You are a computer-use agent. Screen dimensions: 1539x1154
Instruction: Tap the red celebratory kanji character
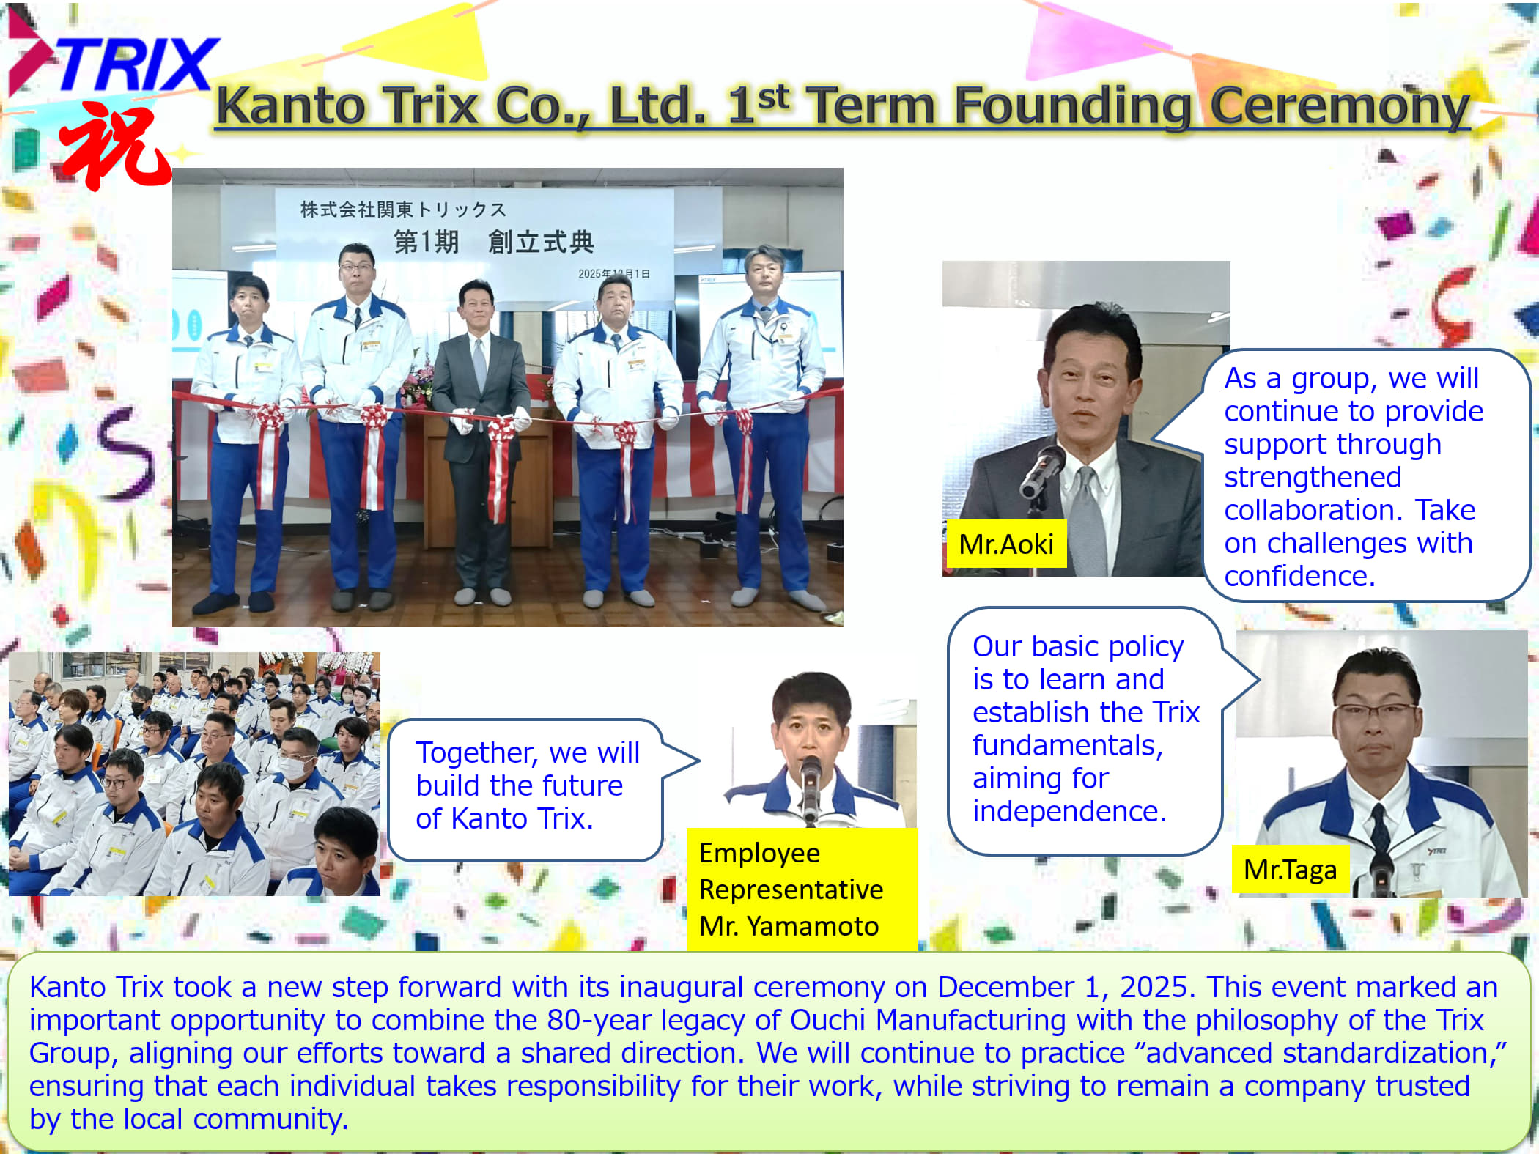[x=116, y=147]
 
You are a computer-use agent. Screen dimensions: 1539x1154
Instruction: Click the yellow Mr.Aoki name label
[x=1005, y=544]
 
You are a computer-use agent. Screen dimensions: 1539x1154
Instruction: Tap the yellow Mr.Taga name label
[x=1290, y=870]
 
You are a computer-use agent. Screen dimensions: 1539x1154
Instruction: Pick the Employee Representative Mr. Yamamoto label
[x=802, y=889]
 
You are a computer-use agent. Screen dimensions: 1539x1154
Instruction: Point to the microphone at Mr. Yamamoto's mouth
[x=811, y=788]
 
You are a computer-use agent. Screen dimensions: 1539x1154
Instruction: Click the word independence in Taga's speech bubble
[x=1069, y=812]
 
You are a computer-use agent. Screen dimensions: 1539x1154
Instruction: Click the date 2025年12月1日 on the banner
[x=614, y=274]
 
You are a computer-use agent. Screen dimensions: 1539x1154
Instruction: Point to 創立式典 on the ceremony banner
[x=541, y=242]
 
